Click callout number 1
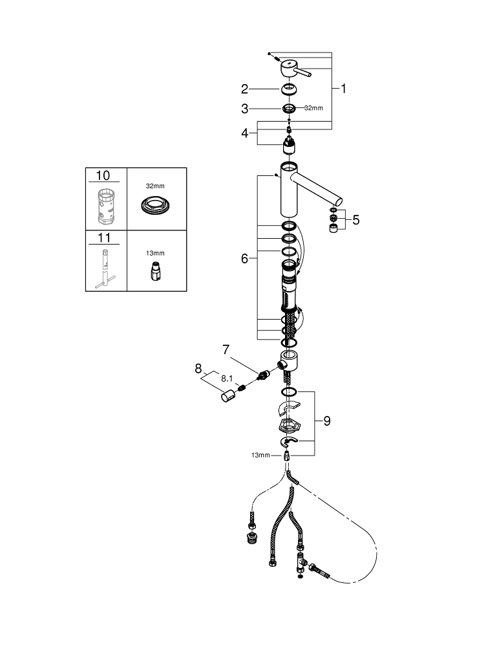click(343, 89)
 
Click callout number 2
click(245, 89)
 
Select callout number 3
click(245, 109)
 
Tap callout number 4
click(245, 133)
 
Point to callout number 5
click(355, 220)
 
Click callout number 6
click(245, 259)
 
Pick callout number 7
click(226, 350)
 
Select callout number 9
click(327, 421)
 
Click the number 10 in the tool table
click(103, 176)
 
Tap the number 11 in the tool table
click(104, 238)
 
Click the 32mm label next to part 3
click(313, 108)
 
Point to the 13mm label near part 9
click(260, 455)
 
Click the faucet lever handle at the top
click(295, 69)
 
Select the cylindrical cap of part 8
click(228, 397)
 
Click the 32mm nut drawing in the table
click(155, 204)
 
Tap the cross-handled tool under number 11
click(105, 269)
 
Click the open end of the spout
click(339, 201)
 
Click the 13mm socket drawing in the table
click(155, 272)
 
